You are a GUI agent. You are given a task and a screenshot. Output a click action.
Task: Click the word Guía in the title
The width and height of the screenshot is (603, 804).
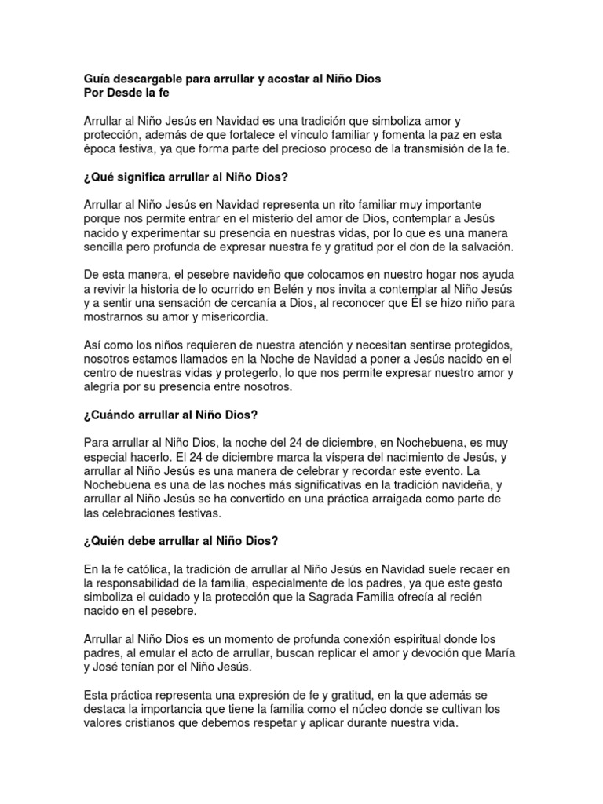97,79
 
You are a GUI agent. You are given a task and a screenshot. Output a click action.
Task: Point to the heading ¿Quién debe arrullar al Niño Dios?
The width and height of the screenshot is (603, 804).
181,541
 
